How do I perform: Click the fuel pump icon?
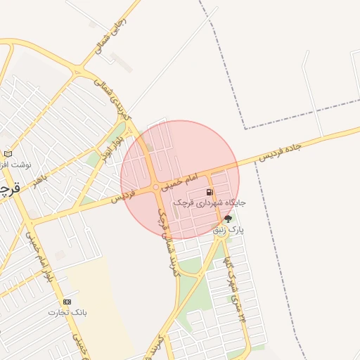[x=209, y=192]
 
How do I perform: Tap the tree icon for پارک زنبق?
[x=227, y=219]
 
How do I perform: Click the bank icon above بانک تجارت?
[x=67, y=302]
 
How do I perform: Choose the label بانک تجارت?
[x=67, y=311]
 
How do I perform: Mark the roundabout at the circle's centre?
[x=156, y=188]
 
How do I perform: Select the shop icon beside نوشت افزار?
[x=8, y=153]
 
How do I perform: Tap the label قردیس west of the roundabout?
[x=124, y=198]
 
